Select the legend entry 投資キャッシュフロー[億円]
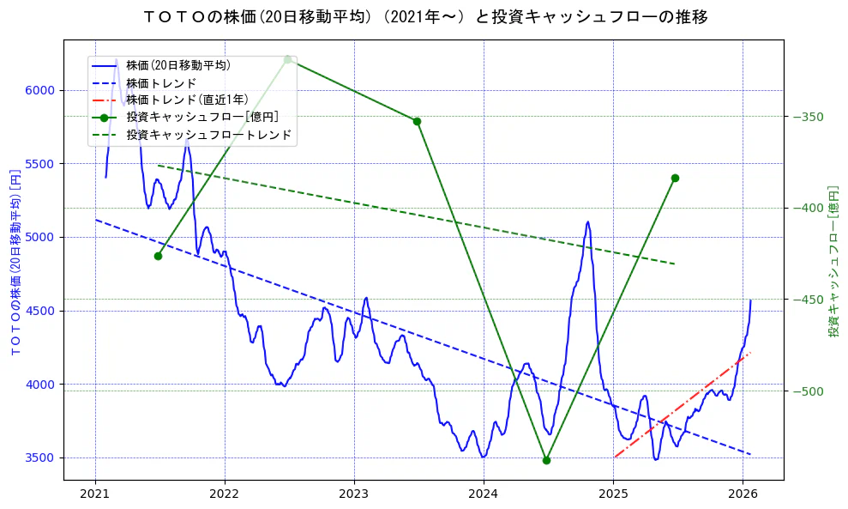(201, 117)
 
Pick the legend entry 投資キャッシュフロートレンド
(208, 135)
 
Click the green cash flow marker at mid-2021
(158, 256)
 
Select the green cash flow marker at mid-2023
(417, 121)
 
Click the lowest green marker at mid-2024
(546, 460)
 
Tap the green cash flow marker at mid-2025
(675, 178)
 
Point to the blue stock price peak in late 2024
(587, 222)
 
